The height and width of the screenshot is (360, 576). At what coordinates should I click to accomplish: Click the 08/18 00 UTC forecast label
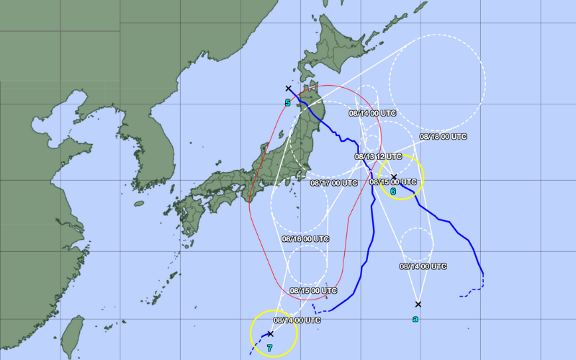(444, 136)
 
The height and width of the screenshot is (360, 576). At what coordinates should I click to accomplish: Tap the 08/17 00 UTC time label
(334, 183)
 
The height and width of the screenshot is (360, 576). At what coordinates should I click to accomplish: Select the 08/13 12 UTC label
(378, 156)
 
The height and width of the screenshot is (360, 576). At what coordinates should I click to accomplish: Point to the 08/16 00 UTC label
(305, 238)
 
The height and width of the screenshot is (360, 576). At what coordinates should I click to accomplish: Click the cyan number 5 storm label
(287, 103)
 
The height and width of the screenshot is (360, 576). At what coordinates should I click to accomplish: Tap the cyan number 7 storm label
(269, 348)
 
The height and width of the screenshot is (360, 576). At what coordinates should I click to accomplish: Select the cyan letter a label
(415, 318)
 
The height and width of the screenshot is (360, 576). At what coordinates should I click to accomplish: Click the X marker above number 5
(289, 89)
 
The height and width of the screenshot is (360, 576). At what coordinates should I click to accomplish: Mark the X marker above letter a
(418, 304)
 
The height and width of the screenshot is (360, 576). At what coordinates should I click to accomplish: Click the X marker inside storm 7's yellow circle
(270, 333)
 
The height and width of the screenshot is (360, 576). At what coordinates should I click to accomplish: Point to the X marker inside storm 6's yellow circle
(394, 176)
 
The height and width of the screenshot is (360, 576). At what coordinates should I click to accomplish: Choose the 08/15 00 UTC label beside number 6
(393, 182)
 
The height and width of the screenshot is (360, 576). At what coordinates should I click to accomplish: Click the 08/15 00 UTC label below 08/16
(313, 291)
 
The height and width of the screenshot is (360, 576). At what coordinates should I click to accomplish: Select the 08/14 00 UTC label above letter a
(423, 266)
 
